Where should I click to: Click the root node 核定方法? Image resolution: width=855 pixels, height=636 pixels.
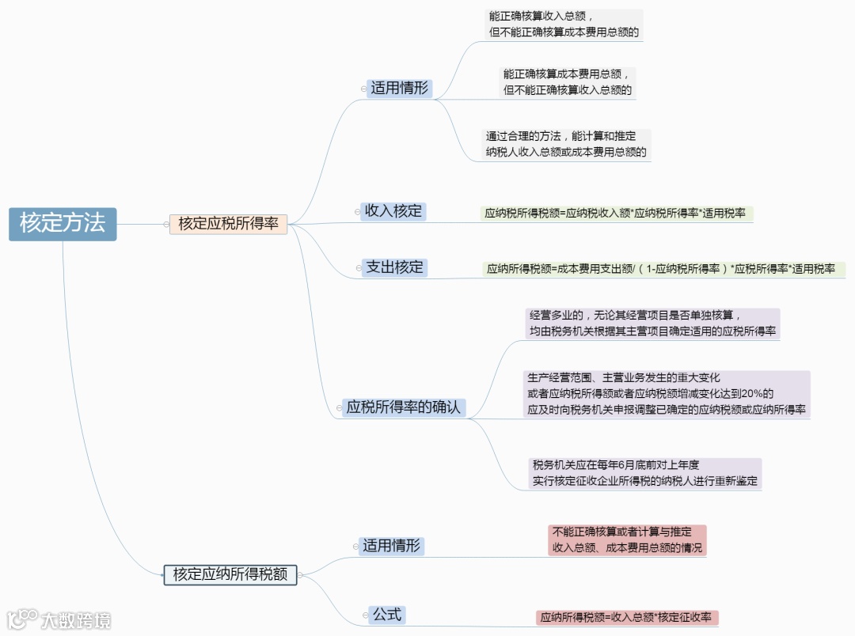point(63,223)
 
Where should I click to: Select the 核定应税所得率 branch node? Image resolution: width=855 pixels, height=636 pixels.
point(228,224)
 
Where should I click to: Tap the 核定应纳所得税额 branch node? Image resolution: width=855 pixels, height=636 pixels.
point(230,574)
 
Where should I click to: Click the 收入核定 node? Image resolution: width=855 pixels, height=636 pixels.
point(393,211)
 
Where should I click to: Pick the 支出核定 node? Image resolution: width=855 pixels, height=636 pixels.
point(395,267)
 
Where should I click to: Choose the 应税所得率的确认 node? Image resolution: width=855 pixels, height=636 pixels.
point(403,408)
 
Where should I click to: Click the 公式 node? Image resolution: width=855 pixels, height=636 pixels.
point(387,615)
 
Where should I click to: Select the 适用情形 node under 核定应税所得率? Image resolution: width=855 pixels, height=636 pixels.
point(399,88)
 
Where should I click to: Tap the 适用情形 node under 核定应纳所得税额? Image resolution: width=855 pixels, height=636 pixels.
point(391,546)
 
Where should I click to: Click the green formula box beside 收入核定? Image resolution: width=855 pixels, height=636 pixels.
point(615,214)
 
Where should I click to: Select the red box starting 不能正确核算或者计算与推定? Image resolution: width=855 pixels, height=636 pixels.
point(626,539)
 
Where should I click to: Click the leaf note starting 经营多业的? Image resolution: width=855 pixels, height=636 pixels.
point(652,324)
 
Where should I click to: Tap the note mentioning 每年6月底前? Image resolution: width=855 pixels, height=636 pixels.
point(646,473)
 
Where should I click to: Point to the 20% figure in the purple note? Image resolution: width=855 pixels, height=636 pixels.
point(758,394)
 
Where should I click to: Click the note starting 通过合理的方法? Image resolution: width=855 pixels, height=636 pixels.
point(565,144)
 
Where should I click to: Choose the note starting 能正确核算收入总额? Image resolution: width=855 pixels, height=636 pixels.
point(563,25)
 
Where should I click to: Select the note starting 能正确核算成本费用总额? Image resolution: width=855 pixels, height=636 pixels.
point(568,81)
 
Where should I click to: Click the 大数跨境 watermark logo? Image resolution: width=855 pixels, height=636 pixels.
point(59,619)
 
